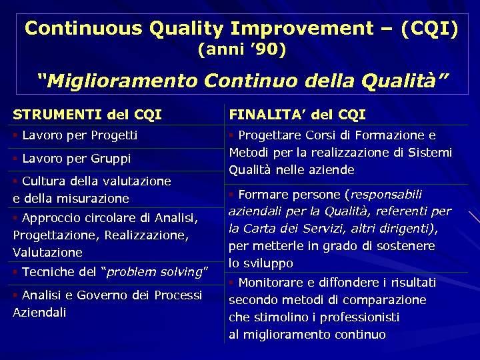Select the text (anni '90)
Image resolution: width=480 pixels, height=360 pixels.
[x=241, y=49]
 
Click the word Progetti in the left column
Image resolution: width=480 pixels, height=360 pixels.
[x=114, y=135]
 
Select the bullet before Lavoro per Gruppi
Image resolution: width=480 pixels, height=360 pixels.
[x=15, y=159]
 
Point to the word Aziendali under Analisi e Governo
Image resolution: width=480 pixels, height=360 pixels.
[x=39, y=313]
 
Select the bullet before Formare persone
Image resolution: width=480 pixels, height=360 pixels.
[x=231, y=194]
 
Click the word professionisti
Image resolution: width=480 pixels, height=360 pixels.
[x=357, y=317]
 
